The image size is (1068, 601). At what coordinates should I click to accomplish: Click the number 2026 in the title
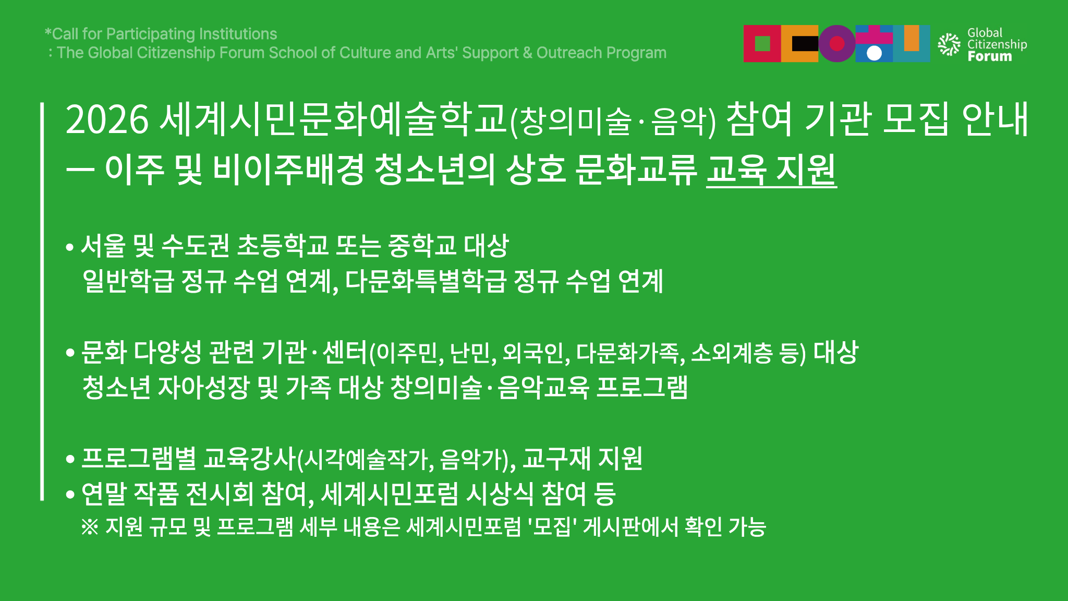pos(108,120)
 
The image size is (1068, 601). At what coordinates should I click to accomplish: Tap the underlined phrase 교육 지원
pos(771,170)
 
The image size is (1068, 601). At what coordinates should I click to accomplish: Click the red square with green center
pos(762,43)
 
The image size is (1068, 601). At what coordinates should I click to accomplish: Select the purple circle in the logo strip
pos(837,43)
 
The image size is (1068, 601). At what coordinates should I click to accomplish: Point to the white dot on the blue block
pos(874,53)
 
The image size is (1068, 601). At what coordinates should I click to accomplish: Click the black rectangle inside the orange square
pos(805,43)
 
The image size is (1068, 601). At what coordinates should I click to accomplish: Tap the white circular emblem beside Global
pos(949,44)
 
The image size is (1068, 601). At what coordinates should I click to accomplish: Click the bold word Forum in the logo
pos(989,56)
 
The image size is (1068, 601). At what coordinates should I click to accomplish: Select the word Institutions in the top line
pos(238,34)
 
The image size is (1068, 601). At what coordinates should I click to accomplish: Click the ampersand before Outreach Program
pos(527,53)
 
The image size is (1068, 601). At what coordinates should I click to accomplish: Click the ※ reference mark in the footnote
pos(90,527)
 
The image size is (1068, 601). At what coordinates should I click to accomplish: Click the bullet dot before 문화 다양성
pos(70,353)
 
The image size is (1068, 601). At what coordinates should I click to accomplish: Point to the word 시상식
pos(500,494)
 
